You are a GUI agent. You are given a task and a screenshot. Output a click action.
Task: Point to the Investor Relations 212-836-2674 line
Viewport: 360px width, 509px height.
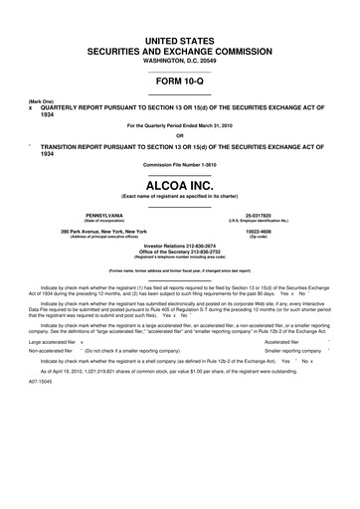tap(180, 247)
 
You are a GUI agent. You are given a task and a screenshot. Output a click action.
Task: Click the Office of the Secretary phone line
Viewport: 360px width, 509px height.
tap(180, 253)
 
